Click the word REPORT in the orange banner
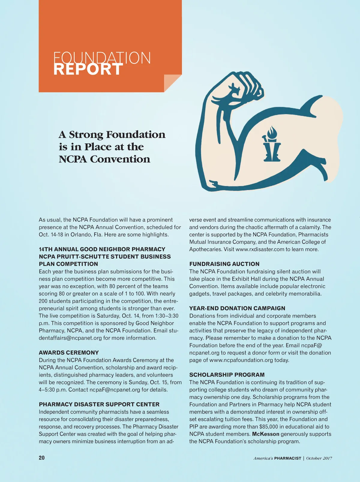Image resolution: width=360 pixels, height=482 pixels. tap(88, 70)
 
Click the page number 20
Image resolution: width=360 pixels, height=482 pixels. tap(42, 458)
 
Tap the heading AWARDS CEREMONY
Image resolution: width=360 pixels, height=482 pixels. tap(69, 353)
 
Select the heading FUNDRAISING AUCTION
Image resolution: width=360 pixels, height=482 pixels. tap(224, 264)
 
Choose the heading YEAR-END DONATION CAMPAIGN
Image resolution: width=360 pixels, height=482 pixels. tap(237, 308)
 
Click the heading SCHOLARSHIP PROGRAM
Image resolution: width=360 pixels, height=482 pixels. tap(227, 375)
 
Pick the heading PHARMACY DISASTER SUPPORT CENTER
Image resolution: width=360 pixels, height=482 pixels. tap(99, 405)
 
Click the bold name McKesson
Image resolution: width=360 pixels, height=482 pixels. tap(265, 434)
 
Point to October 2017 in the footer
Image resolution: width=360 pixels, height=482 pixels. tap(319, 458)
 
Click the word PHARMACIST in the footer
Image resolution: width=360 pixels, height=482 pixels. tap(287, 458)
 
